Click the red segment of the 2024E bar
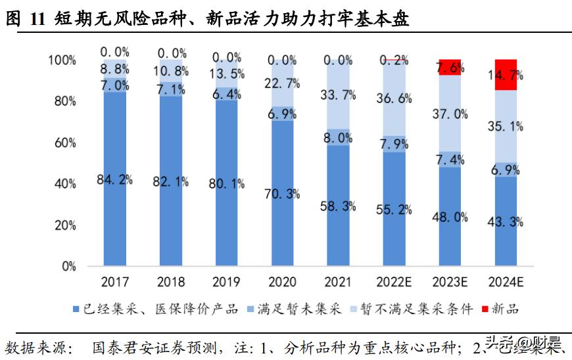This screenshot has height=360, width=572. [x=505, y=75]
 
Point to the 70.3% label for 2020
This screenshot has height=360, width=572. [x=283, y=193]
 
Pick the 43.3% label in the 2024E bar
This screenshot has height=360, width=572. [x=505, y=222]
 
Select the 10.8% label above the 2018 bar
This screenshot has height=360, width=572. [x=172, y=70]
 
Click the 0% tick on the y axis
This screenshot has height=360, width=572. [x=68, y=267]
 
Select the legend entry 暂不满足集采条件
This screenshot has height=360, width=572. [x=421, y=308]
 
